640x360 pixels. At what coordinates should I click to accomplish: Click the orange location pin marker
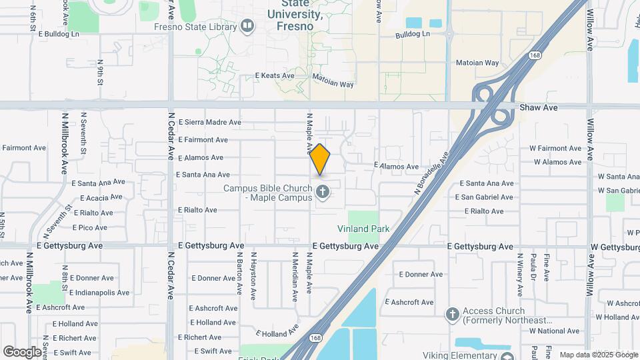(320, 159)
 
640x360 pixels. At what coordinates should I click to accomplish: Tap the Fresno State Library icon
(248, 27)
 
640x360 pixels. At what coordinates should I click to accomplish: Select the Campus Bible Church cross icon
(323, 193)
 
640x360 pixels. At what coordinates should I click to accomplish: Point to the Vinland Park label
(363, 229)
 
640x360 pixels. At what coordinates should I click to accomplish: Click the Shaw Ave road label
(538, 107)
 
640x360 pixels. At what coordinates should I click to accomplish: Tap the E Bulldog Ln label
(59, 33)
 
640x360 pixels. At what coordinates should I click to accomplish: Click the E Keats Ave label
(275, 76)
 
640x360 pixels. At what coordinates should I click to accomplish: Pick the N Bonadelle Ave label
(431, 172)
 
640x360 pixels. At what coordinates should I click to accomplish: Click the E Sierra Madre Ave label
(210, 123)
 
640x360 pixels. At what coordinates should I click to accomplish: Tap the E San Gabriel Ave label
(485, 197)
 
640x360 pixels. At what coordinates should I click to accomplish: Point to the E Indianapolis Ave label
(99, 293)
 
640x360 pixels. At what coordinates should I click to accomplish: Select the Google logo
(22, 352)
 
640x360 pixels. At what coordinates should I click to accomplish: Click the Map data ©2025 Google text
(598, 355)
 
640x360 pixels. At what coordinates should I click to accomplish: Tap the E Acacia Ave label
(101, 198)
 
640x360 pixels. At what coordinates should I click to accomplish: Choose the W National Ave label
(554, 331)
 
